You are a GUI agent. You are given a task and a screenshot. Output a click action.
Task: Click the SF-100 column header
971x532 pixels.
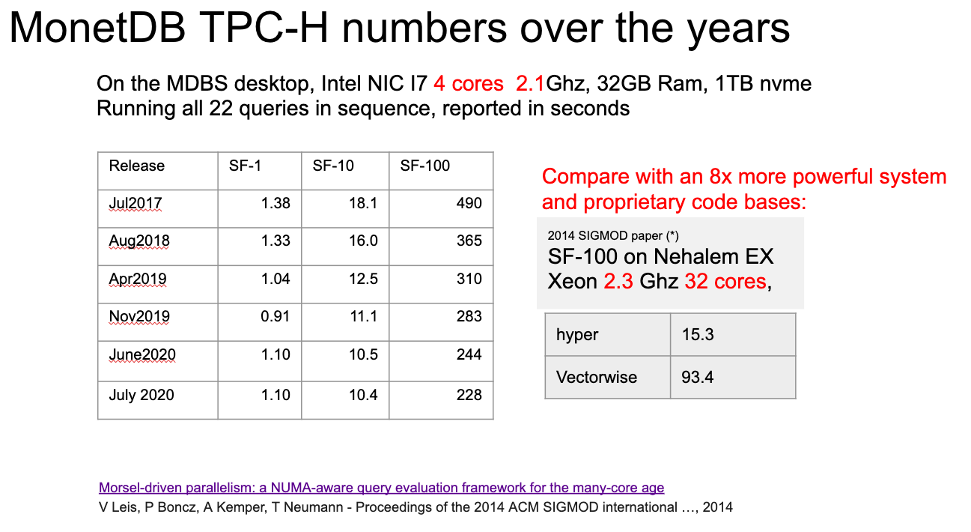pos(424,166)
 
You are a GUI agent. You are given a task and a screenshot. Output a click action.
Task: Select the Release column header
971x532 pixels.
pos(136,166)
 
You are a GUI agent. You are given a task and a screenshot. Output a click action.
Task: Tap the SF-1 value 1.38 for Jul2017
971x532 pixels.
pos(276,203)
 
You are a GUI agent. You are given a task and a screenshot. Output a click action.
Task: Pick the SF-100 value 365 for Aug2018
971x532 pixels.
pos(469,241)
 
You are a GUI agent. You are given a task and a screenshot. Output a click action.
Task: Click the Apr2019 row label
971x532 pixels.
pos(138,279)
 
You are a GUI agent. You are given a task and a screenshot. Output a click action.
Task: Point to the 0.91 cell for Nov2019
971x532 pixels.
pos(276,316)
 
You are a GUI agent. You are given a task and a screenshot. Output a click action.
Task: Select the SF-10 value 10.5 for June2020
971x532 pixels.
pos(363,354)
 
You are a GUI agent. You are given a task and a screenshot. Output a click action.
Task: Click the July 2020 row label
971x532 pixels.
pos(141,396)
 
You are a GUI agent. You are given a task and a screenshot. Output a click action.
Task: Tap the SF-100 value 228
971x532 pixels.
pos(469,395)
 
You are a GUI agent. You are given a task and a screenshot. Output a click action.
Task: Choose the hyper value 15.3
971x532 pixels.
pos(698,335)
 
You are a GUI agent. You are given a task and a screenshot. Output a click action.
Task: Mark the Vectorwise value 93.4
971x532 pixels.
pos(698,377)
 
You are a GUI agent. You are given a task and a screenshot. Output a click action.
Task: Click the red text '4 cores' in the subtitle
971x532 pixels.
pos(469,83)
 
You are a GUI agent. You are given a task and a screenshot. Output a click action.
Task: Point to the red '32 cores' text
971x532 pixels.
pos(725,281)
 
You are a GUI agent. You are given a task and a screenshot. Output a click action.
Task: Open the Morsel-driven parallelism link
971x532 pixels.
pos(382,488)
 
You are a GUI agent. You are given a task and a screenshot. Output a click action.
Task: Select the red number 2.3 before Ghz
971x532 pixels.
pos(618,281)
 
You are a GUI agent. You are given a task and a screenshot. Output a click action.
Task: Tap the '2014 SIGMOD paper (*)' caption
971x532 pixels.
pos(613,235)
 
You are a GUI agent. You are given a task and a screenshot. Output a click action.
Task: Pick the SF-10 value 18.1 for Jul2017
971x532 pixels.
pos(363,203)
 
